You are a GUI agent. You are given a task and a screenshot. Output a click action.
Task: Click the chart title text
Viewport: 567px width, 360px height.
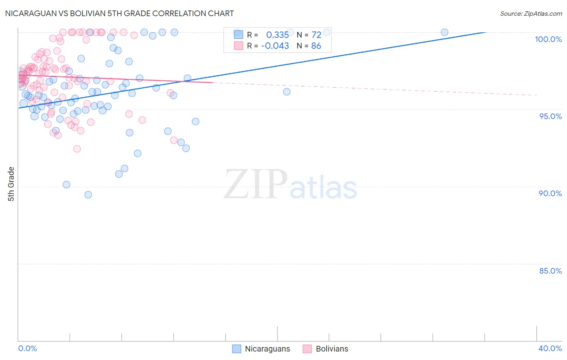click(x=119, y=13)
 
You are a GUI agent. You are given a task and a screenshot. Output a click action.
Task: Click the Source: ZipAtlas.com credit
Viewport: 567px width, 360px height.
click(x=531, y=13)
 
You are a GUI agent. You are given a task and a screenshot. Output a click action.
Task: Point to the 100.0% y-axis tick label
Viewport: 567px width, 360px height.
click(x=548, y=39)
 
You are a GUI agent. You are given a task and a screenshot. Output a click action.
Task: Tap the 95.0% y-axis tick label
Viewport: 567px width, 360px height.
click(x=550, y=116)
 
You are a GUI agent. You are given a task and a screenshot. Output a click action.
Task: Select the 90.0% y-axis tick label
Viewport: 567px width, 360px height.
click(x=550, y=193)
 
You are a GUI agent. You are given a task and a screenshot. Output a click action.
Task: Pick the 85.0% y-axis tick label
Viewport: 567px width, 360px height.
click(x=550, y=271)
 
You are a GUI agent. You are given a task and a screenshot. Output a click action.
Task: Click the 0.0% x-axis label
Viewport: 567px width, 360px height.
click(x=27, y=348)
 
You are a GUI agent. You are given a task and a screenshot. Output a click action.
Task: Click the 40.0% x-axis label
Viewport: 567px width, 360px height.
click(x=550, y=348)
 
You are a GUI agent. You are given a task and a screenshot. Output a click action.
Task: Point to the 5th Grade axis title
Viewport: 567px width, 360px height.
click(x=11, y=184)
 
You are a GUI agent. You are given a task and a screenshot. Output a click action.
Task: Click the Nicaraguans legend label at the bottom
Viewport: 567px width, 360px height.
click(x=267, y=349)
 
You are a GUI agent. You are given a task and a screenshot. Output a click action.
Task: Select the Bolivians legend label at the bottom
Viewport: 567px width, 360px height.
click(x=332, y=349)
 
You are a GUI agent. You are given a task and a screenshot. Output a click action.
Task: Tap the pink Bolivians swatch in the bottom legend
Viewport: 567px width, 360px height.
click(x=307, y=349)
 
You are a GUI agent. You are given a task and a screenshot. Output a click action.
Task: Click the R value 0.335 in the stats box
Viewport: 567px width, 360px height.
click(x=277, y=35)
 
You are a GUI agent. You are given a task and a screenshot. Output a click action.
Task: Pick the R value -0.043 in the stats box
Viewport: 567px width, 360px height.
click(x=275, y=46)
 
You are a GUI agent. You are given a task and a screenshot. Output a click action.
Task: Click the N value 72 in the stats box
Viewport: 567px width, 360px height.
click(x=316, y=35)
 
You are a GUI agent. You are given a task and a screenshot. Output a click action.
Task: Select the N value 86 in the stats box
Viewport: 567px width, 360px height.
click(x=316, y=46)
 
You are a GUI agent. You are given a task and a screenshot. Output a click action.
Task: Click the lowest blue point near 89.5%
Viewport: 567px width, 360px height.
click(x=88, y=195)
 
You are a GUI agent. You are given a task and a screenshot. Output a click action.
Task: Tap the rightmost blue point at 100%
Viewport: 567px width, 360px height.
click(x=444, y=32)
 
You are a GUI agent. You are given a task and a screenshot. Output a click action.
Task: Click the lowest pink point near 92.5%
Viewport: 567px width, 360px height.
click(x=77, y=149)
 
